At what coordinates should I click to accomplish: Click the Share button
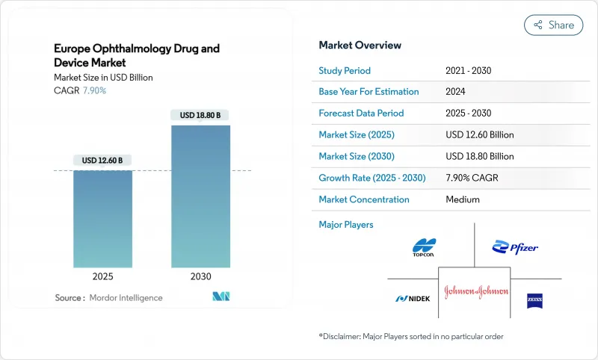pos(553,25)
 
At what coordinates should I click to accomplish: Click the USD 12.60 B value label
pos(102,161)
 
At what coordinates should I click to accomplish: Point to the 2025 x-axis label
pos(102,276)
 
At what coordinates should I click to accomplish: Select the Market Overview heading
pos(360,46)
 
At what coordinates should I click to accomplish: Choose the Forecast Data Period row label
pos(361,114)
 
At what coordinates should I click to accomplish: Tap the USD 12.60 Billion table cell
pos(479,135)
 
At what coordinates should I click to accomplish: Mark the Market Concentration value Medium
pos(462,199)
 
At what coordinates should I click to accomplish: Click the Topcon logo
pos(424,246)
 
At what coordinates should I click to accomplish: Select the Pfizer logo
pos(515,247)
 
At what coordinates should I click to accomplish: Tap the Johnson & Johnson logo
pos(475,290)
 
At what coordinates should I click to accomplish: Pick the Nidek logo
pos(413,299)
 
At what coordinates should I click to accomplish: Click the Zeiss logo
pos(534,298)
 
